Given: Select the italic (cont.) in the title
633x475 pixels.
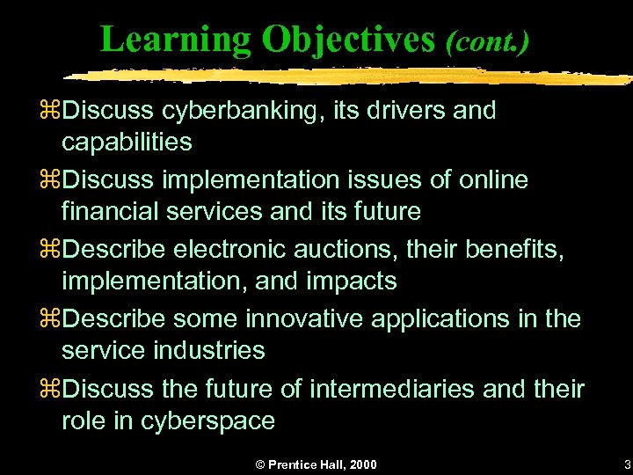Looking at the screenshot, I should coord(487,41).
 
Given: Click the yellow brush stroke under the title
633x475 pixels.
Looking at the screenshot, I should coord(352,75).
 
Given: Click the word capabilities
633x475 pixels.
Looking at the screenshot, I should coord(127,142).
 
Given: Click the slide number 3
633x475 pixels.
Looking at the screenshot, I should coord(626,464).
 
